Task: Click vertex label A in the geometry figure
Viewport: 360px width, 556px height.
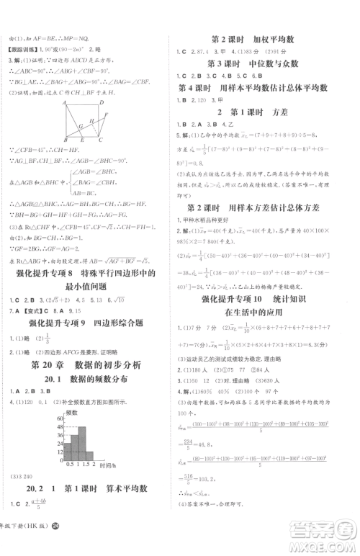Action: pos(65,103)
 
